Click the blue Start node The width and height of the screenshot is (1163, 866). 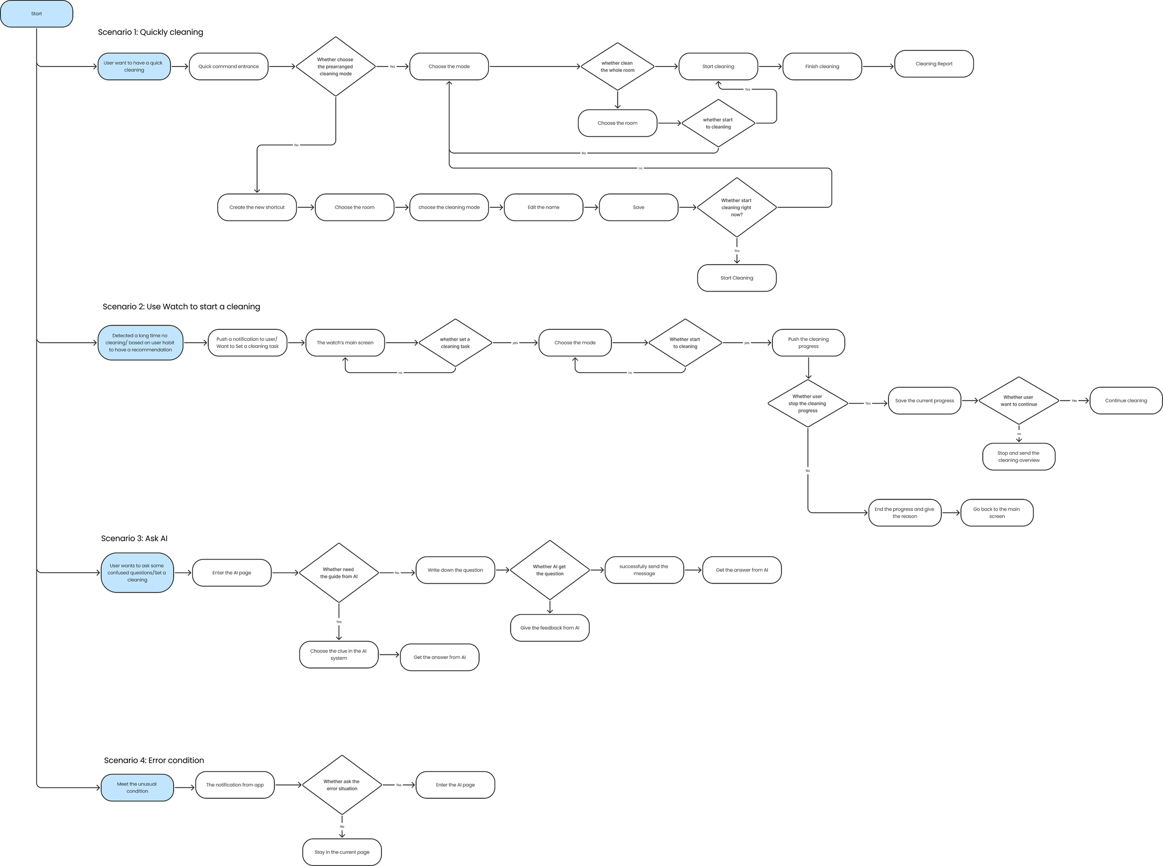[x=36, y=13]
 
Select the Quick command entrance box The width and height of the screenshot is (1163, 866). [x=228, y=67]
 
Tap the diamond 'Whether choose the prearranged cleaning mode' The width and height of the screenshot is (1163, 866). [x=335, y=67]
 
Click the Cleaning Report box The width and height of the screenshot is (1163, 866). [x=934, y=64]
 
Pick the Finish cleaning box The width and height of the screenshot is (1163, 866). [x=822, y=67]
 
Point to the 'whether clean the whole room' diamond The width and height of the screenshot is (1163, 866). [x=617, y=67]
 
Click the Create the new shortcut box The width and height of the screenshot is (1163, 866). [x=257, y=207]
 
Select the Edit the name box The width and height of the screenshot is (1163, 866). [x=543, y=207]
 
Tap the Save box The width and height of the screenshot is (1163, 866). [x=638, y=207]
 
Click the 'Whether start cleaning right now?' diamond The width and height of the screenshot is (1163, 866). [x=737, y=207]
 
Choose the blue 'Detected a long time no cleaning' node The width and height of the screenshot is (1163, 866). [x=140, y=343]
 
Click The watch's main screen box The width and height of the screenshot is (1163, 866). [x=345, y=343]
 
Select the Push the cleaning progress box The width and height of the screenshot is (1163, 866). [x=808, y=343]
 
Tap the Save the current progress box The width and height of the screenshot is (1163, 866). [x=924, y=401]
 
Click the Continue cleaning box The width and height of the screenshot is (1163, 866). [x=1126, y=401]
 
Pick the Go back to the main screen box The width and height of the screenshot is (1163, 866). [x=997, y=513]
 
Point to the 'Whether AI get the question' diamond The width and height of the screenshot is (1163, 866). [x=549, y=570]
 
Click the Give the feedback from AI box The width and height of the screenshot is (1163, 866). [x=549, y=628]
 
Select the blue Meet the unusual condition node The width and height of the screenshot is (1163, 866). [x=137, y=788]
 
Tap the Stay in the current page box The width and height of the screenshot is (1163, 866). [x=342, y=853]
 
